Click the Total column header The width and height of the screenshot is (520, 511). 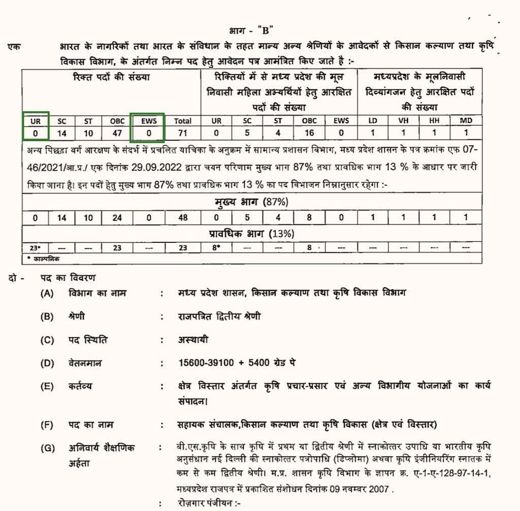click(183, 121)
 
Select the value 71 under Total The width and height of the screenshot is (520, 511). click(183, 133)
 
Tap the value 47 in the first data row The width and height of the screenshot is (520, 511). click(117, 133)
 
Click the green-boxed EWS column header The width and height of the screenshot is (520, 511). click(148, 121)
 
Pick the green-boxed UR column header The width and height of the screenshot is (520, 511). click(36, 121)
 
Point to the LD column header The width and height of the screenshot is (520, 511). click(372, 121)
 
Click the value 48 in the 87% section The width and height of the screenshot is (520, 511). click(183, 217)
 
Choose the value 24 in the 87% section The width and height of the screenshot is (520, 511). click(117, 217)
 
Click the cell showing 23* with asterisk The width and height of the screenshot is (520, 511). click(36, 248)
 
